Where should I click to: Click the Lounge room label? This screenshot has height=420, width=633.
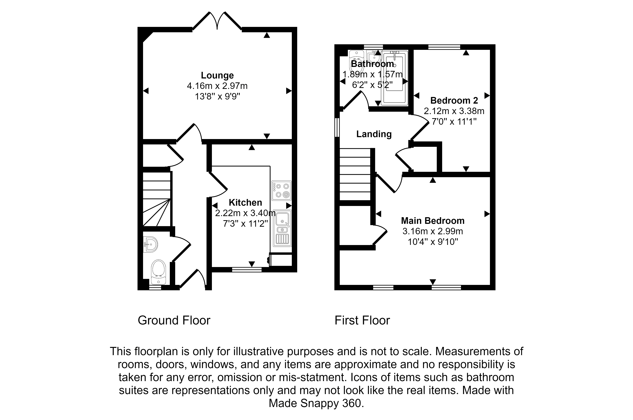point(217,75)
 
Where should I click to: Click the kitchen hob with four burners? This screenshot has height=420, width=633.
point(281,191)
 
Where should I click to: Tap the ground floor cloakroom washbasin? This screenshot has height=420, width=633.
point(150,244)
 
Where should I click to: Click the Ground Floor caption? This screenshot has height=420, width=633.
point(174,320)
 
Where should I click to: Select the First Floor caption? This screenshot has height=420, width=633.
point(362,320)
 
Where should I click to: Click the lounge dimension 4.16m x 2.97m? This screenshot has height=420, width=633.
point(217,86)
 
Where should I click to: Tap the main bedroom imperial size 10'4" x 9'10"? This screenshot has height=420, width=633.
point(433,242)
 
